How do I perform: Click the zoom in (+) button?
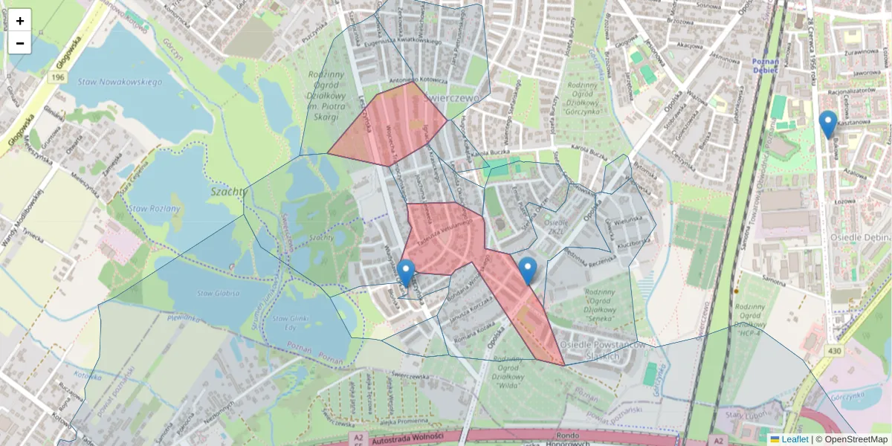pyautogui.click(x=20, y=21)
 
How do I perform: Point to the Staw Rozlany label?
pyautogui.click(x=154, y=209)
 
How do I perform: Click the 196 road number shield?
pyautogui.click(x=59, y=77)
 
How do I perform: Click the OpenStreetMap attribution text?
pyautogui.click(x=856, y=439)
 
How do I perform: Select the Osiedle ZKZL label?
pyautogui.click(x=557, y=226)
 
